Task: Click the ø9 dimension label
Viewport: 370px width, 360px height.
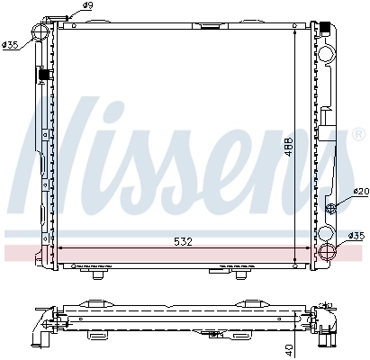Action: pos(87,7)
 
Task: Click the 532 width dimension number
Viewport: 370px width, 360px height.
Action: pos(180,241)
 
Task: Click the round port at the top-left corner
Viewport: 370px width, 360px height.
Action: pos(41,32)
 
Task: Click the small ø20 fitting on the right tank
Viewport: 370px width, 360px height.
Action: pos(331,208)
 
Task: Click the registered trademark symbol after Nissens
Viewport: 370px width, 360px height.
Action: pos(332,137)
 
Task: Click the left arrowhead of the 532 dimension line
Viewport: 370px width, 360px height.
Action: pos(60,247)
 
